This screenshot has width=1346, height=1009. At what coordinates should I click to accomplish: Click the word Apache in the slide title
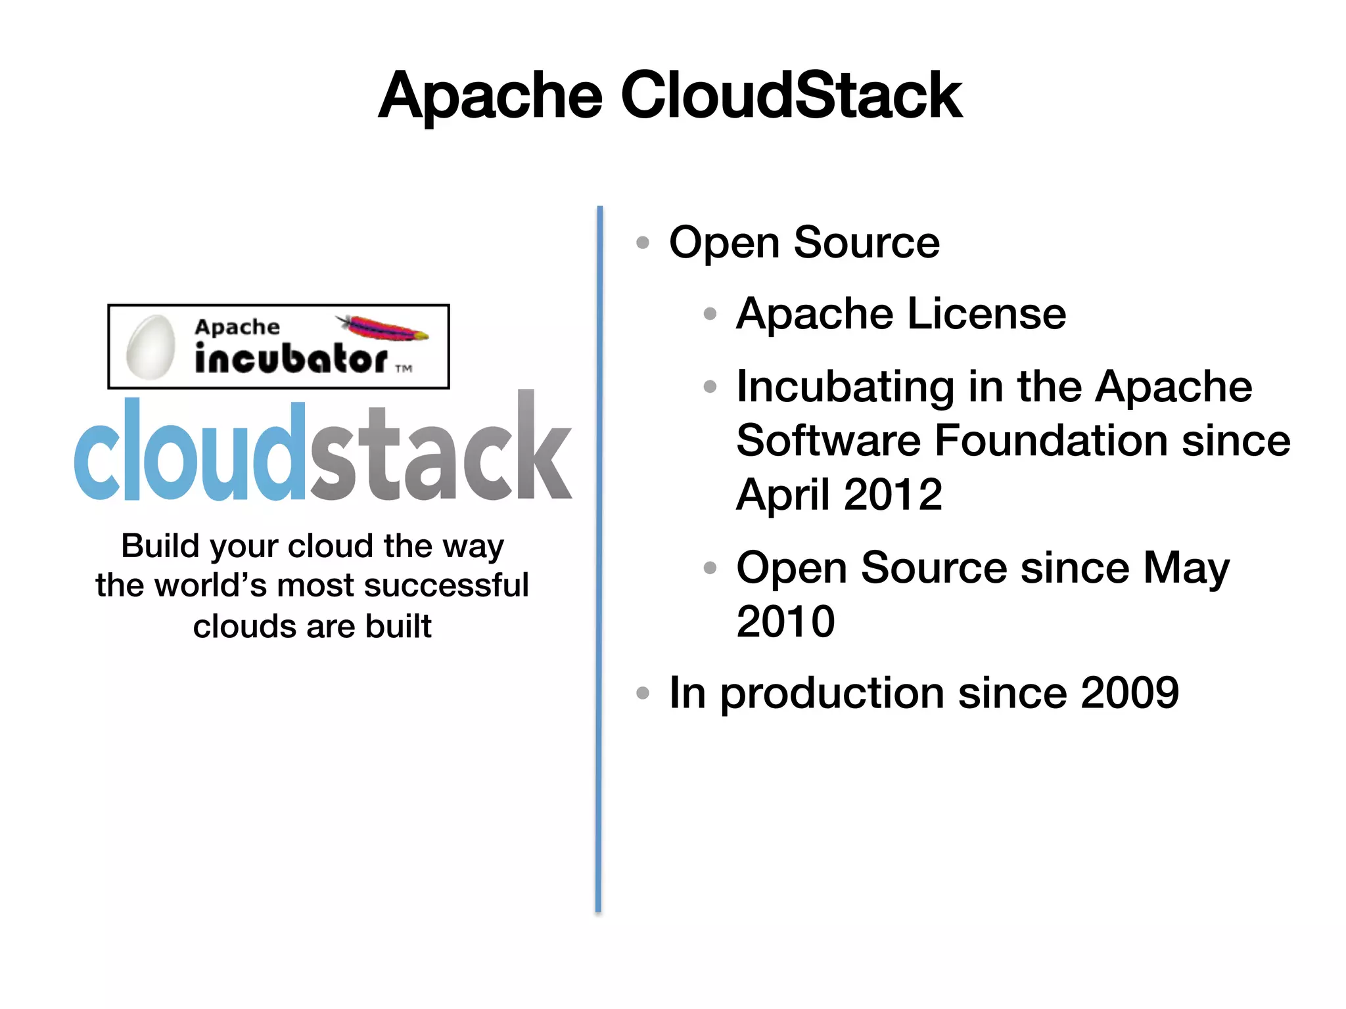pos(490,97)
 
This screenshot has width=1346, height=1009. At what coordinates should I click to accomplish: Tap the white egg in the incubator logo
pos(151,347)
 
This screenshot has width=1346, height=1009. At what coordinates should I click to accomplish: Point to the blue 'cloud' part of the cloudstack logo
pos(191,453)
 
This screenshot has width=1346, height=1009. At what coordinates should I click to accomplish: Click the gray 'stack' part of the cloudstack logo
pos(440,453)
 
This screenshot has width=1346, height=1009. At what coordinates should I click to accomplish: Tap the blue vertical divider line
pos(599,558)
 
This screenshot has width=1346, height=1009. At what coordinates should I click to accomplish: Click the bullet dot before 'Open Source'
pos(643,243)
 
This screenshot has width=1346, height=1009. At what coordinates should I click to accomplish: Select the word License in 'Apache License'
pos(986,314)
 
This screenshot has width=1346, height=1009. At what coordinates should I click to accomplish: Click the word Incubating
pos(845,386)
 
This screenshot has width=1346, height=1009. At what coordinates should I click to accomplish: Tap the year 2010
pos(785,621)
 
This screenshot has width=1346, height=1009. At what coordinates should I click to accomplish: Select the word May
pos(1186,568)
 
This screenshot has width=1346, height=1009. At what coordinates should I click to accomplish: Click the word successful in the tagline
pos(446,585)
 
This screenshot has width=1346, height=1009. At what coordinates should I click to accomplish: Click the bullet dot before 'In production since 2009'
pos(643,692)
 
